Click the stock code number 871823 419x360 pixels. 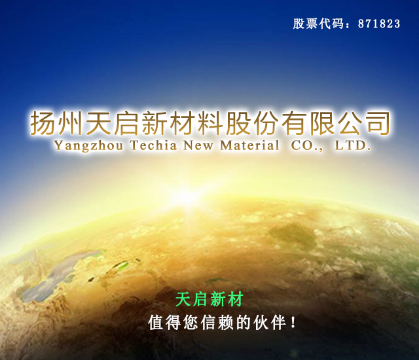click(x=379, y=24)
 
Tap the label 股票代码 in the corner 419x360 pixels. click(x=318, y=24)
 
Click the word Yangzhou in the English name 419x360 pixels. click(x=89, y=146)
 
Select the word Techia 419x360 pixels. click(x=154, y=145)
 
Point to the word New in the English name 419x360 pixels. click(x=198, y=145)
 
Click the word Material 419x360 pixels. click(x=249, y=145)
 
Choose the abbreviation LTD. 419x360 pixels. click(x=353, y=145)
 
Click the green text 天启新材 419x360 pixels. click(x=209, y=299)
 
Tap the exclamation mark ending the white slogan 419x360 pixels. click(x=293, y=322)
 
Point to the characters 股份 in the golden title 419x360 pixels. click(x=252, y=123)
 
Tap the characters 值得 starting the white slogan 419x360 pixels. click(x=164, y=322)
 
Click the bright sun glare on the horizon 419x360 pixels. click(x=185, y=198)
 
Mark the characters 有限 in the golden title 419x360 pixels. click(x=308, y=123)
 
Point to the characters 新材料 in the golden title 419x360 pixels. click(x=182, y=123)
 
